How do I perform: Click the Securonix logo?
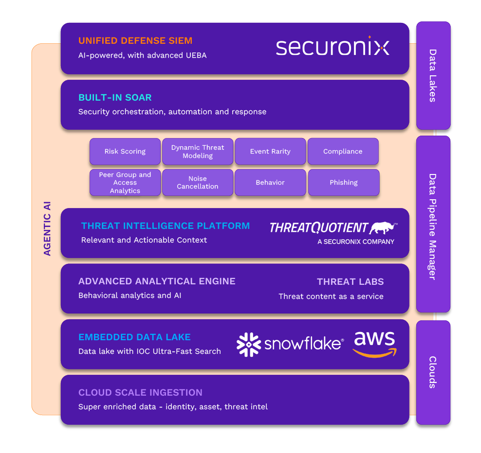[x=333, y=47]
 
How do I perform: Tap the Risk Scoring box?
[x=125, y=152]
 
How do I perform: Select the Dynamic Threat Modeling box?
[x=198, y=152]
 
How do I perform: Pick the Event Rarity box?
[x=270, y=152]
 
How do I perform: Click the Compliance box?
[x=343, y=152]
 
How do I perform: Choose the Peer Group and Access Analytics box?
[x=125, y=183]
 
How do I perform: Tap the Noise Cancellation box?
[x=198, y=183]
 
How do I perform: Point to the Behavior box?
[x=270, y=183]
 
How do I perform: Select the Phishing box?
[x=344, y=183]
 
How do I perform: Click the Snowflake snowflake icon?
[x=249, y=345]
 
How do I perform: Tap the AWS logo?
[x=375, y=344]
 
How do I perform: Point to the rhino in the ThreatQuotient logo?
[x=383, y=227]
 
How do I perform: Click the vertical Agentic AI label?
[x=47, y=228]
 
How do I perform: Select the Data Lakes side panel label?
[x=433, y=75]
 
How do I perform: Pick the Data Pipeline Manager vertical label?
[x=433, y=226]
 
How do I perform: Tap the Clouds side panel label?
[x=433, y=372]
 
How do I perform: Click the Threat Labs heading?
[x=350, y=282]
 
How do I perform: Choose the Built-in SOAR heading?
[x=115, y=98]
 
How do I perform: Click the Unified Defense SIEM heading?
[x=135, y=41]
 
